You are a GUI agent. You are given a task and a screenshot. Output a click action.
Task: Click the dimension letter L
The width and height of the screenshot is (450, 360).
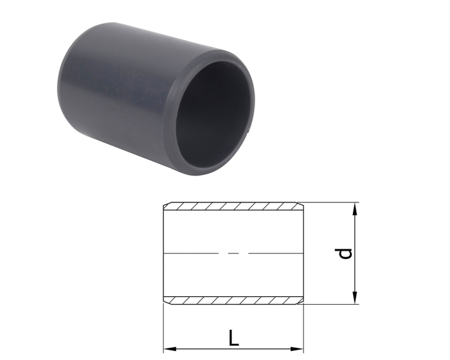[x=234, y=336]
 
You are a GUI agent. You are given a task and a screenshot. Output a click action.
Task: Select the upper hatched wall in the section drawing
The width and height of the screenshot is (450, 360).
[x=233, y=206]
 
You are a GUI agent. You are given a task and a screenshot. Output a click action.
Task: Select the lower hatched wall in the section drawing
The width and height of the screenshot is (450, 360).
[x=233, y=300]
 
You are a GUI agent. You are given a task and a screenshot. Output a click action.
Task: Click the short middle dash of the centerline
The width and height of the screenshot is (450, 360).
[x=234, y=253]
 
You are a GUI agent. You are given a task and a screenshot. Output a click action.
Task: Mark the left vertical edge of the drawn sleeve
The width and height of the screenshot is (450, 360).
[x=163, y=253]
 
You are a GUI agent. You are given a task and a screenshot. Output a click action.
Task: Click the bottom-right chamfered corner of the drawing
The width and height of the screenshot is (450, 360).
[x=301, y=301]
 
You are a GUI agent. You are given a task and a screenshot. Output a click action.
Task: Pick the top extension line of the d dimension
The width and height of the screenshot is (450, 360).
[x=331, y=203]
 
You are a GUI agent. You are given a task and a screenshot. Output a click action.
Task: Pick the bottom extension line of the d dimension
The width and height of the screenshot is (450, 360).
[x=331, y=303]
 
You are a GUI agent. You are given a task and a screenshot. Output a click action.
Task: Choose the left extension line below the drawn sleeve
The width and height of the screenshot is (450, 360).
[x=163, y=328]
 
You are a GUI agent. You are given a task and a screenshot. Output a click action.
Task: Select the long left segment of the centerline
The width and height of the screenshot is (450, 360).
[x=193, y=253]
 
